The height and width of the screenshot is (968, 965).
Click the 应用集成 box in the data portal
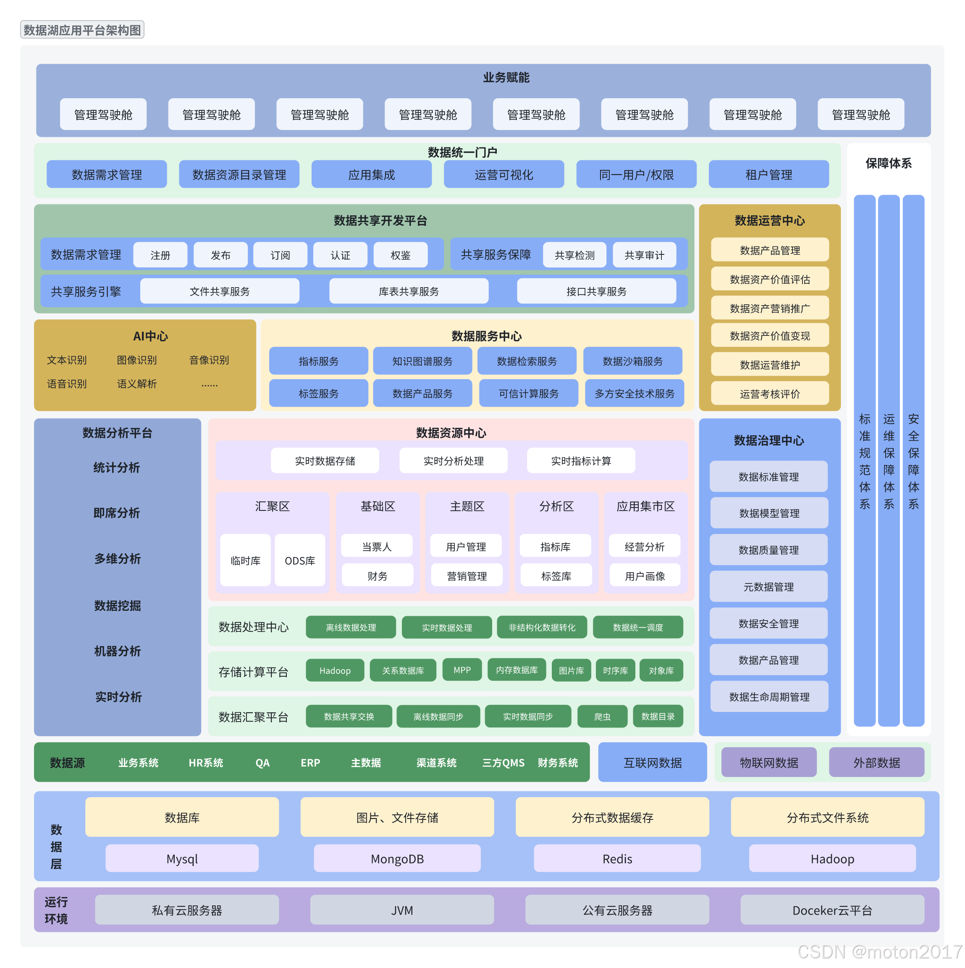[x=372, y=174]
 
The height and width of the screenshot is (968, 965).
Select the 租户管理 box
[x=768, y=174]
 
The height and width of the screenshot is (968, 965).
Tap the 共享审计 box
[x=644, y=255]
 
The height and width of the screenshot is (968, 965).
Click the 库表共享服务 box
[x=409, y=291]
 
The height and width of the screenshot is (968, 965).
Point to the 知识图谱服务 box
[x=422, y=361]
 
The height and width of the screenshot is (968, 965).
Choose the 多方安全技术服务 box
[x=634, y=393]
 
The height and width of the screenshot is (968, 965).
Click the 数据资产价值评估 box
[x=769, y=279]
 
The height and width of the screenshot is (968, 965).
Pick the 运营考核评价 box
[x=769, y=394]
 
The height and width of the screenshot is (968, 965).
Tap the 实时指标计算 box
[x=581, y=460]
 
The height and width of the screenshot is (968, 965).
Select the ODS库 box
[x=300, y=560]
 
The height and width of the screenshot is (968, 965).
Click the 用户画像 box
[x=645, y=576]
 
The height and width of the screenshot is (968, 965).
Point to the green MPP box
[x=462, y=670]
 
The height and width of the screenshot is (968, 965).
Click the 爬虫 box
[x=602, y=717]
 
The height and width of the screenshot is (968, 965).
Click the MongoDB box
[x=397, y=859]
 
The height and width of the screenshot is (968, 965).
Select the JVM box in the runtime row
[x=402, y=910]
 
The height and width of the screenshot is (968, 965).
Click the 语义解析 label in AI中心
[x=137, y=384]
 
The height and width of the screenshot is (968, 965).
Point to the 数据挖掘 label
[x=117, y=606]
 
